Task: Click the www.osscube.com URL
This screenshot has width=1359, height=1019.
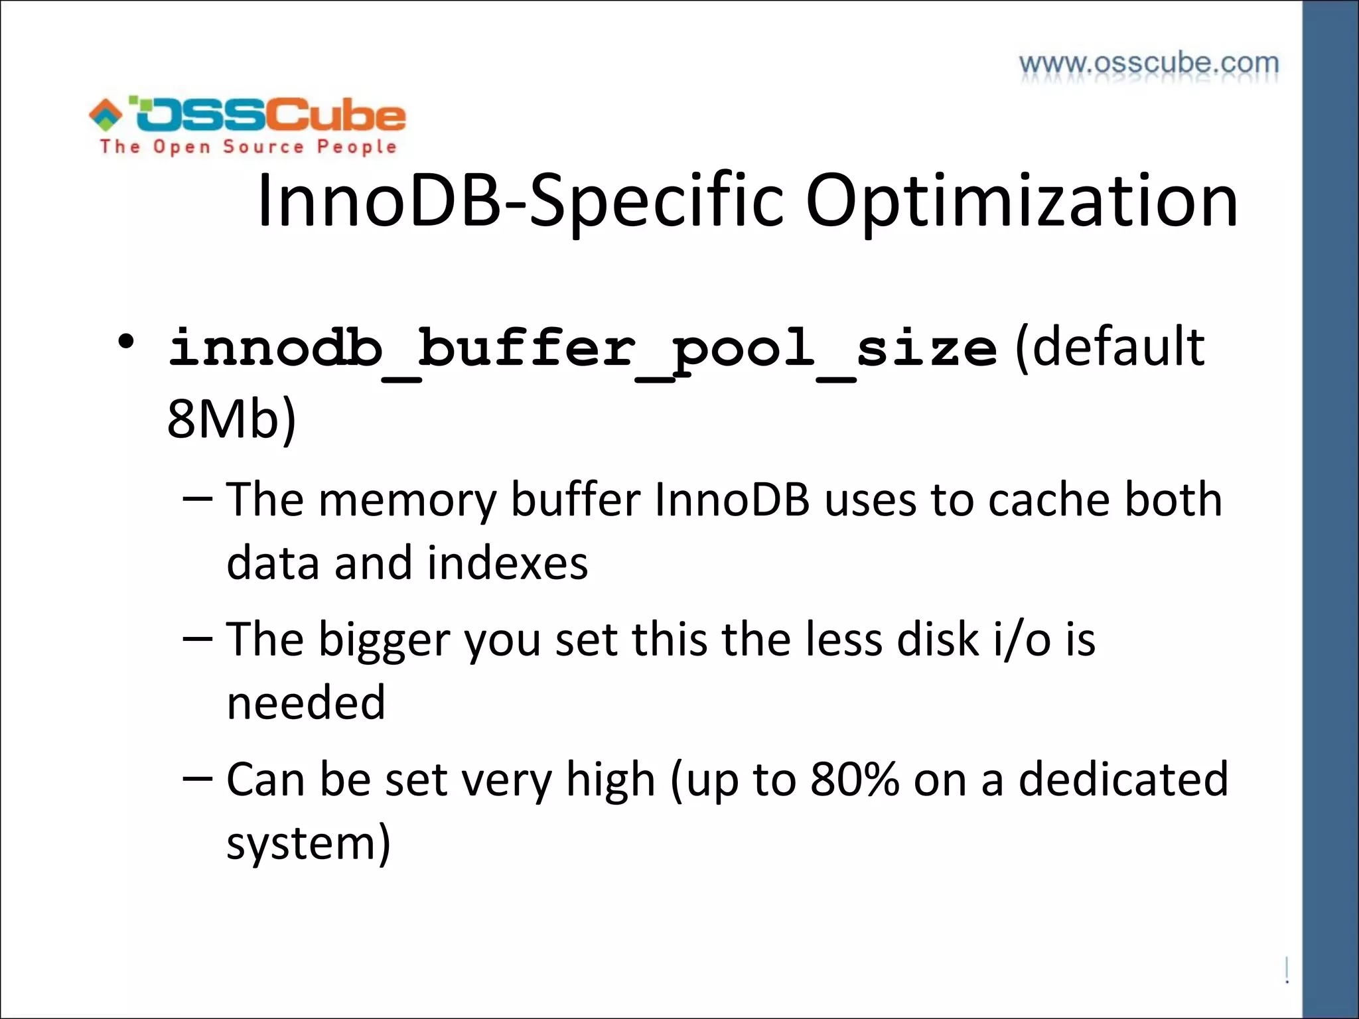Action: (1149, 64)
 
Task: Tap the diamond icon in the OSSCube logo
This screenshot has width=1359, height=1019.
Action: (106, 114)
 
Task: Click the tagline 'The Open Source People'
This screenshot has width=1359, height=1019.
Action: (248, 147)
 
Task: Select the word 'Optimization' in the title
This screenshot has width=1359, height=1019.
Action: (1021, 200)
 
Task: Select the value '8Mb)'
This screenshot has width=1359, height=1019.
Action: (231, 419)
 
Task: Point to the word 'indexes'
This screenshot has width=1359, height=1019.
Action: (508, 563)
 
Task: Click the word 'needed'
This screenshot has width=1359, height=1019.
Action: (306, 703)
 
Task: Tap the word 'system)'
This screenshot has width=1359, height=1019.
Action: (309, 844)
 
